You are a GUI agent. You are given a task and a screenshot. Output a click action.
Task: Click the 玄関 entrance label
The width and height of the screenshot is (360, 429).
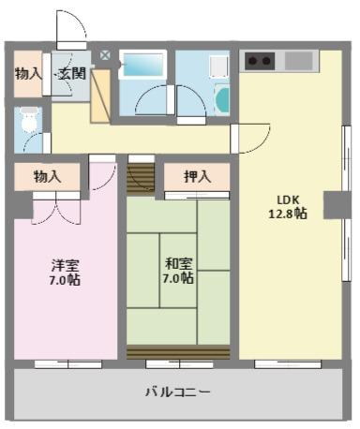72,74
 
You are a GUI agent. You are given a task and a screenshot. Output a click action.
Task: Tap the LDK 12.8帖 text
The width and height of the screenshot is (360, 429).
288,207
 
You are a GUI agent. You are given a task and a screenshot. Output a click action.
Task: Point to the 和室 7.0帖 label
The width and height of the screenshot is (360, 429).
178,271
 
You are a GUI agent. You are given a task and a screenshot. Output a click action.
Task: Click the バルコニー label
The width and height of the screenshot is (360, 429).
178,392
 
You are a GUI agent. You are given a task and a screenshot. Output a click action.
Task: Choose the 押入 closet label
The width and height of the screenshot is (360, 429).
197,177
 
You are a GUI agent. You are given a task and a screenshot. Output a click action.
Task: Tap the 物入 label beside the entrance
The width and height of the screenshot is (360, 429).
28,74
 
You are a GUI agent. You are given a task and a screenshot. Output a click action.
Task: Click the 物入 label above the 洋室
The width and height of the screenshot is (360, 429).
47,177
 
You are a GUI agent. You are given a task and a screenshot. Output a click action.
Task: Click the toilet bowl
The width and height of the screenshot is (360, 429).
29,120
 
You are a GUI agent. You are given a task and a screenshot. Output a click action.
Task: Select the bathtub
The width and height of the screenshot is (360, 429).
143,65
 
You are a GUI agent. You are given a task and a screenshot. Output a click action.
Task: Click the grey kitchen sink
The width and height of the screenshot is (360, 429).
299,61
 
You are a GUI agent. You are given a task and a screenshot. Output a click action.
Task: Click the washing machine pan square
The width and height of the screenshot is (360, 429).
218,67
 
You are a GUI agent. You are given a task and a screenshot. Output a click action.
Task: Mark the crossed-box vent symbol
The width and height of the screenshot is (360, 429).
105,55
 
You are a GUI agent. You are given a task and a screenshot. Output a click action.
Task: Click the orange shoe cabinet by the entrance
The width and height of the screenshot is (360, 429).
100,96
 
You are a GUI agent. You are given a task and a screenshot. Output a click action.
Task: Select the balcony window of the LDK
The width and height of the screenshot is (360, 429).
288,364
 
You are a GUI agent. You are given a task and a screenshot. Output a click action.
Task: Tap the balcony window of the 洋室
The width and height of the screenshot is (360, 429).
68,364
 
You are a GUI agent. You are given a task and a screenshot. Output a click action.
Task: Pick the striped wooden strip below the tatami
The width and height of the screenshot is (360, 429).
178,352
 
